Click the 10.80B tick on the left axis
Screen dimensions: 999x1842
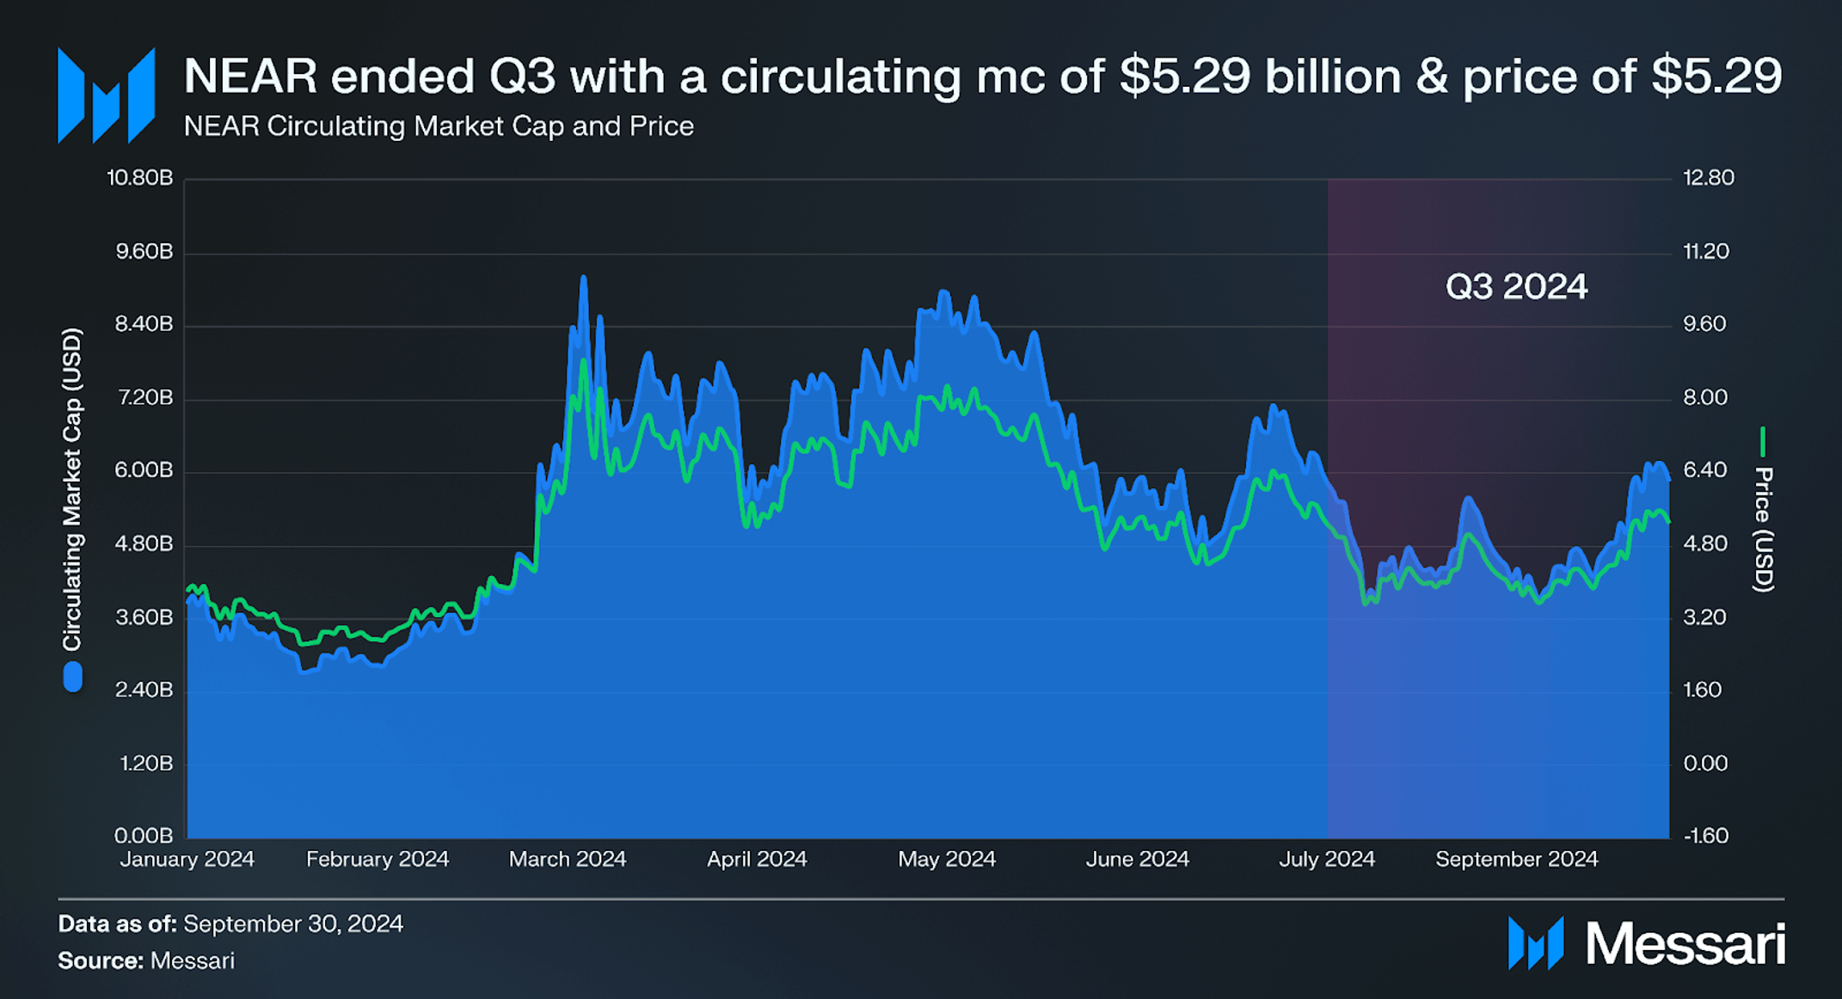pyautogui.click(x=139, y=178)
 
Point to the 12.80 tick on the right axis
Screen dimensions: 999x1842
pyautogui.click(x=1708, y=178)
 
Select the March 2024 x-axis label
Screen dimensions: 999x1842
pyautogui.click(x=568, y=859)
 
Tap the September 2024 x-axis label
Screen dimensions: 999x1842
pyautogui.click(x=1516, y=859)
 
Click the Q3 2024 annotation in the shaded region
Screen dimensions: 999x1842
pyautogui.click(x=1516, y=286)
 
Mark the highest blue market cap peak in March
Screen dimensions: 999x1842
pyautogui.click(x=583, y=279)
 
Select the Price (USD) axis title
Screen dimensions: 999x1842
pyautogui.click(x=1763, y=529)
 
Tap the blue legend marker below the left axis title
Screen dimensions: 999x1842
pyautogui.click(x=73, y=677)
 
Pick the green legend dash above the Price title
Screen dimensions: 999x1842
pyautogui.click(x=1763, y=442)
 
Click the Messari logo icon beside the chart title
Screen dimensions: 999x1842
pyautogui.click(x=106, y=95)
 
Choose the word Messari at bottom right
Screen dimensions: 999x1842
pyautogui.click(x=1685, y=944)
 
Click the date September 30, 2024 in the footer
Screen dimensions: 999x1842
pyautogui.click(x=293, y=924)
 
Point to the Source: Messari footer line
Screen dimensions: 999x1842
pyautogui.click(x=146, y=960)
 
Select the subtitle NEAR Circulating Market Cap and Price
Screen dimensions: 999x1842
pyautogui.click(x=439, y=126)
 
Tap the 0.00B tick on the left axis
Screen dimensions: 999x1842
pyautogui.click(x=144, y=835)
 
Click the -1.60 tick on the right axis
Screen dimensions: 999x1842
pyautogui.click(x=1705, y=835)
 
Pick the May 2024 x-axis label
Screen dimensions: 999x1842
pyautogui.click(x=947, y=859)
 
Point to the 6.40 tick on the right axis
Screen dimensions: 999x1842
pyautogui.click(x=1704, y=470)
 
